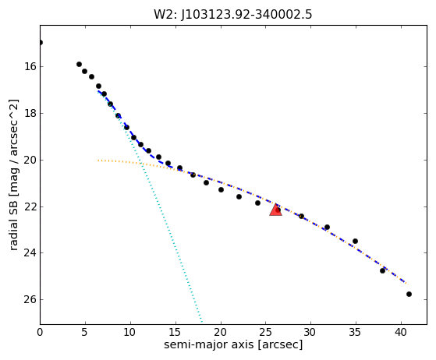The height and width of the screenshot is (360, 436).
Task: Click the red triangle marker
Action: [x=275, y=210]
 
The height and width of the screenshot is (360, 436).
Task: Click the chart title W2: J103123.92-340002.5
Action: [x=233, y=14]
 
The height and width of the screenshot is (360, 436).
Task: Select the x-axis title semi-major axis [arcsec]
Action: [x=233, y=344]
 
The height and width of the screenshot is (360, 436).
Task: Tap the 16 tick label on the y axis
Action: [x=30, y=67]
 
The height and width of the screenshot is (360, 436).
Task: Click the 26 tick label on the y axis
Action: [x=30, y=299]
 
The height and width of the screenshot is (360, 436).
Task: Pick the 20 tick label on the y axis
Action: [x=30, y=160]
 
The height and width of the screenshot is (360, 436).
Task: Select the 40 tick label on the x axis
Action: [x=401, y=332]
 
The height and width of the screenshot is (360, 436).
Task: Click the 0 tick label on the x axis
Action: [x=40, y=332]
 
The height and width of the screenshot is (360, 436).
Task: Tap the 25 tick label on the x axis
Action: [x=265, y=332]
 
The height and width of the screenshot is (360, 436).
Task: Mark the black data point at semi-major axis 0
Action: [x=41, y=43]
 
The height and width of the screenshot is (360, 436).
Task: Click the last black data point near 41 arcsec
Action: [x=409, y=295]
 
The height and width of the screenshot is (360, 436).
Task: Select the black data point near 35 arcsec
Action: [x=355, y=241]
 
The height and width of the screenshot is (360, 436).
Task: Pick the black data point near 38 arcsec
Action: [x=382, y=270]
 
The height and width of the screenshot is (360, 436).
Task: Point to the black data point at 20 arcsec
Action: [x=221, y=189]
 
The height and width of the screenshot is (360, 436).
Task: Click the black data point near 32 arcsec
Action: [x=327, y=228]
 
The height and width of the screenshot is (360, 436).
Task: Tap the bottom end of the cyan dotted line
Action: [x=202, y=323]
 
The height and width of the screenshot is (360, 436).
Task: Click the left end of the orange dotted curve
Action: [x=98, y=161]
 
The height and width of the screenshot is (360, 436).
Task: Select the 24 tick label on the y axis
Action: [x=30, y=252]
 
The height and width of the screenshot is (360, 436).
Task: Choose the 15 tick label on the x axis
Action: [x=175, y=332]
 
